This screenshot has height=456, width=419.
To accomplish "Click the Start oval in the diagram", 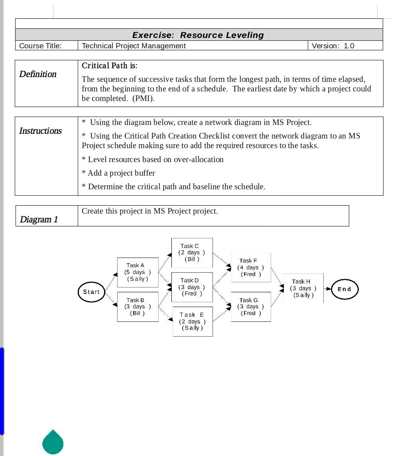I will point(91,292).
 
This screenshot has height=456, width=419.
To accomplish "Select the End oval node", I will point(344,289).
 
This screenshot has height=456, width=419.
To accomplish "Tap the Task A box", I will point(138,272).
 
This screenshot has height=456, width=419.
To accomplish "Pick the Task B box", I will point(138,307).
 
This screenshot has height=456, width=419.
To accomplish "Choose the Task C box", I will point(192,253).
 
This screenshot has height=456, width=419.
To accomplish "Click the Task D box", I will point(192,287).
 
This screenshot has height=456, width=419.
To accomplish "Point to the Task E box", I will point(193,321).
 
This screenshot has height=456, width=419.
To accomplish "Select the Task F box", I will point(251,268).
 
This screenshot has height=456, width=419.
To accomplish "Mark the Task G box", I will point(251,307).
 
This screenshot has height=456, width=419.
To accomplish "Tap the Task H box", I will point(303,288).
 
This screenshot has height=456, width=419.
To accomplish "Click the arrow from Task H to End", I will point(327,289).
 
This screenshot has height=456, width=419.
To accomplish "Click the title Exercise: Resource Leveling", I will point(198,35).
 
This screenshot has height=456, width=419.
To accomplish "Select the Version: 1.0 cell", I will point(333,46).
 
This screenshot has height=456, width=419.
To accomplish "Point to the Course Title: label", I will point(41,46).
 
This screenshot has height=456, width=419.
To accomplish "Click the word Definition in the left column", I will point(38,74).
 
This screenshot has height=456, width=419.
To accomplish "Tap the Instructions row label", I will point(40,131).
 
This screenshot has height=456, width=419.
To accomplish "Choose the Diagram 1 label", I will point(39,220).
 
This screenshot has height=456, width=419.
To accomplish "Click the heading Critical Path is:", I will point(110,66).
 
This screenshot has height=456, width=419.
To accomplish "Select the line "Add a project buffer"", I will point(119,173).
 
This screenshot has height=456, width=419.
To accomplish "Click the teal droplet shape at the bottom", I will point(53,442).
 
